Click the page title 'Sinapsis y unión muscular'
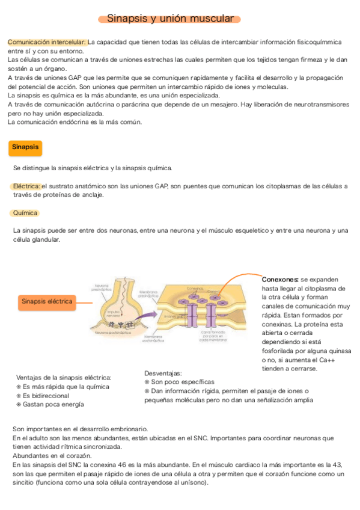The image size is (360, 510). pyautogui.click(x=170, y=19)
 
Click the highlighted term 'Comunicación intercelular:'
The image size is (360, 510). pyautogui.click(x=47, y=42)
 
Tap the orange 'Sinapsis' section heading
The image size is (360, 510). pyautogui.click(x=25, y=146)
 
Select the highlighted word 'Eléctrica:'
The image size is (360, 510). pyautogui.click(x=26, y=186)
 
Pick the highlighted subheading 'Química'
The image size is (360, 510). pyautogui.click(x=25, y=213)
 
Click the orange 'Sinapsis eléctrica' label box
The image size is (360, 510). pyautogui.click(x=46, y=301)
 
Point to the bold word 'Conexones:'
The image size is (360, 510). pyautogui.click(x=280, y=280)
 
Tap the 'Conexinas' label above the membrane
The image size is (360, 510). pyautogui.click(x=195, y=288)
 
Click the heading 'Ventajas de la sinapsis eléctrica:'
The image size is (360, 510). pyautogui.click(x=64, y=377)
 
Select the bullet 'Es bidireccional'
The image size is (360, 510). pyautogui.click(x=46, y=396)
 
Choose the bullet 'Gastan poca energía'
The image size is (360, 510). pyautogui.click(x=53, y=405)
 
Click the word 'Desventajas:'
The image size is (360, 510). pyautogui.click(x=163, y=373)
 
